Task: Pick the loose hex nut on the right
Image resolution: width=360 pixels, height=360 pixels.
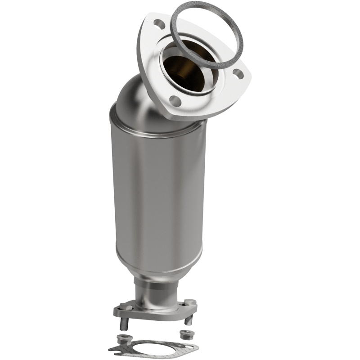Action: pyautogui.click(x=184, y=334)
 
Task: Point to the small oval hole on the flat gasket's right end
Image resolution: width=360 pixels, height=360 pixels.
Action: pyautogui.click(x=191, y=346)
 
